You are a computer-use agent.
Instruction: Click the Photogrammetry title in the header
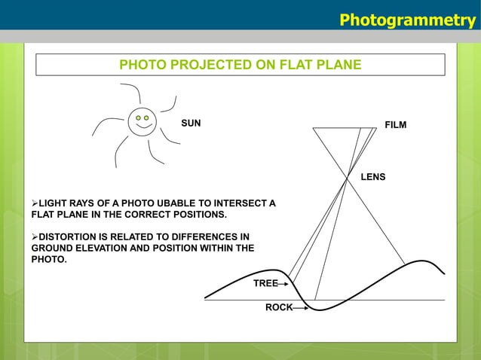407,19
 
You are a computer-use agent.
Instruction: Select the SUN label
191,123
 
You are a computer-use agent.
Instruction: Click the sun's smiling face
142,121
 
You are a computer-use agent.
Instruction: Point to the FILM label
395,125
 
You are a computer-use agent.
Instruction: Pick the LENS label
372,177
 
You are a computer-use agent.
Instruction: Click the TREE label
265,283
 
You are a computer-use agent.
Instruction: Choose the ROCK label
278,307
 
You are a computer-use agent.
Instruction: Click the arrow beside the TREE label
283,284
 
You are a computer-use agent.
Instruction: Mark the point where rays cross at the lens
348,178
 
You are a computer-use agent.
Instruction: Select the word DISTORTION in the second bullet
69,236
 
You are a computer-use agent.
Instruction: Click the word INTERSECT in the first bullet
230,203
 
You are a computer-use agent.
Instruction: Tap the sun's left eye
137,117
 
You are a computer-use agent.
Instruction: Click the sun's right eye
146,117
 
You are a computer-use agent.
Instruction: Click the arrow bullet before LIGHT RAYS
33,203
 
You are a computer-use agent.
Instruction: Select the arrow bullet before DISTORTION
33,236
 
